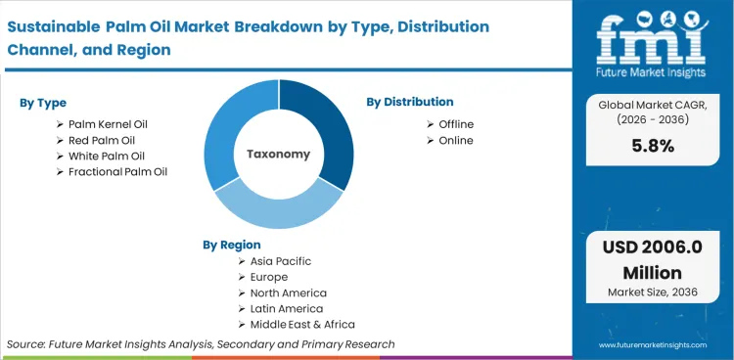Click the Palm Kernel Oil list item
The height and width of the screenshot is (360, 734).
click(108, 124)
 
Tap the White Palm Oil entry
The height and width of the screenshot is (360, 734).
click(106, 156)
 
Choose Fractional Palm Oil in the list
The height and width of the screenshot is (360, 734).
click(117, 171)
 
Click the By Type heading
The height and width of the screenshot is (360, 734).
click(44, 102)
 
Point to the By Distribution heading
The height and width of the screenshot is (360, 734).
click(410, 102)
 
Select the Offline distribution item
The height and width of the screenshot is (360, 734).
click(456, 124)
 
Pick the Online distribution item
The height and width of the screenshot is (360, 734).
click(455, 140)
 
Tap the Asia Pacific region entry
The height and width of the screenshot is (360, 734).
click(280, 261)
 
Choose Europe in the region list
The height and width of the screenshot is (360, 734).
click(269, 277)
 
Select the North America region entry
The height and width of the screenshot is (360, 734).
click(288, 292)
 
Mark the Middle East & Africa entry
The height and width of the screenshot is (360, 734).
click(301, 324)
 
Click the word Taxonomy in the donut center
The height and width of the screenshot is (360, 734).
click(279, 154)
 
